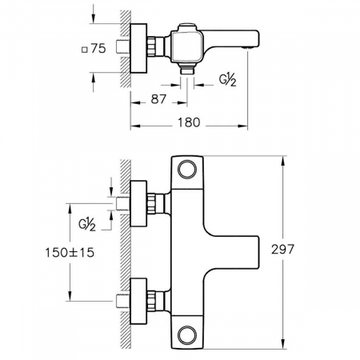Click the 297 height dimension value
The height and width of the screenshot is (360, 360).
point(282,250)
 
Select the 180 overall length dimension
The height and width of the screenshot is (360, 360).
point(189,122)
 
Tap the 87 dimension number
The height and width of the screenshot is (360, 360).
point(158,99)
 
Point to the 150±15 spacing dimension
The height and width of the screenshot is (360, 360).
point(70,252)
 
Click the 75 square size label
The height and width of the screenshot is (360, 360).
point(98,48)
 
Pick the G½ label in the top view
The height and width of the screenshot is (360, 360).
point(228,80)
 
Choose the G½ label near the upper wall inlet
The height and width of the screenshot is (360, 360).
point(87,225)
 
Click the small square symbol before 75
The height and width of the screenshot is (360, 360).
point(85,50)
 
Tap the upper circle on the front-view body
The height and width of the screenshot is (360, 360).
point(187,169)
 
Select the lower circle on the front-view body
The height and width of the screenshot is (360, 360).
point(187,334)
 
